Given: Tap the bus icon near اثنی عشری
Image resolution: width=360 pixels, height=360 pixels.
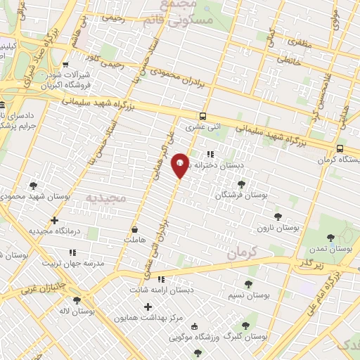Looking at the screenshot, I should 203,116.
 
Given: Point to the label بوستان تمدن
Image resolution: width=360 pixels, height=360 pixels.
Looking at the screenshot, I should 334,249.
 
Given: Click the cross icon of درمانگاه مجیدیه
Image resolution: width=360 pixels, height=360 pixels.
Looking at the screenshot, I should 55,220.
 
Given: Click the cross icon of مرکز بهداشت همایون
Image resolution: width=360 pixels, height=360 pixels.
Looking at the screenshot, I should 148,307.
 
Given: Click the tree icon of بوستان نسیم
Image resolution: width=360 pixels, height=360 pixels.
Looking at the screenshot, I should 247,284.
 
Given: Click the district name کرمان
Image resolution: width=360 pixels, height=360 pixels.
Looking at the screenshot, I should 244,253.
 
